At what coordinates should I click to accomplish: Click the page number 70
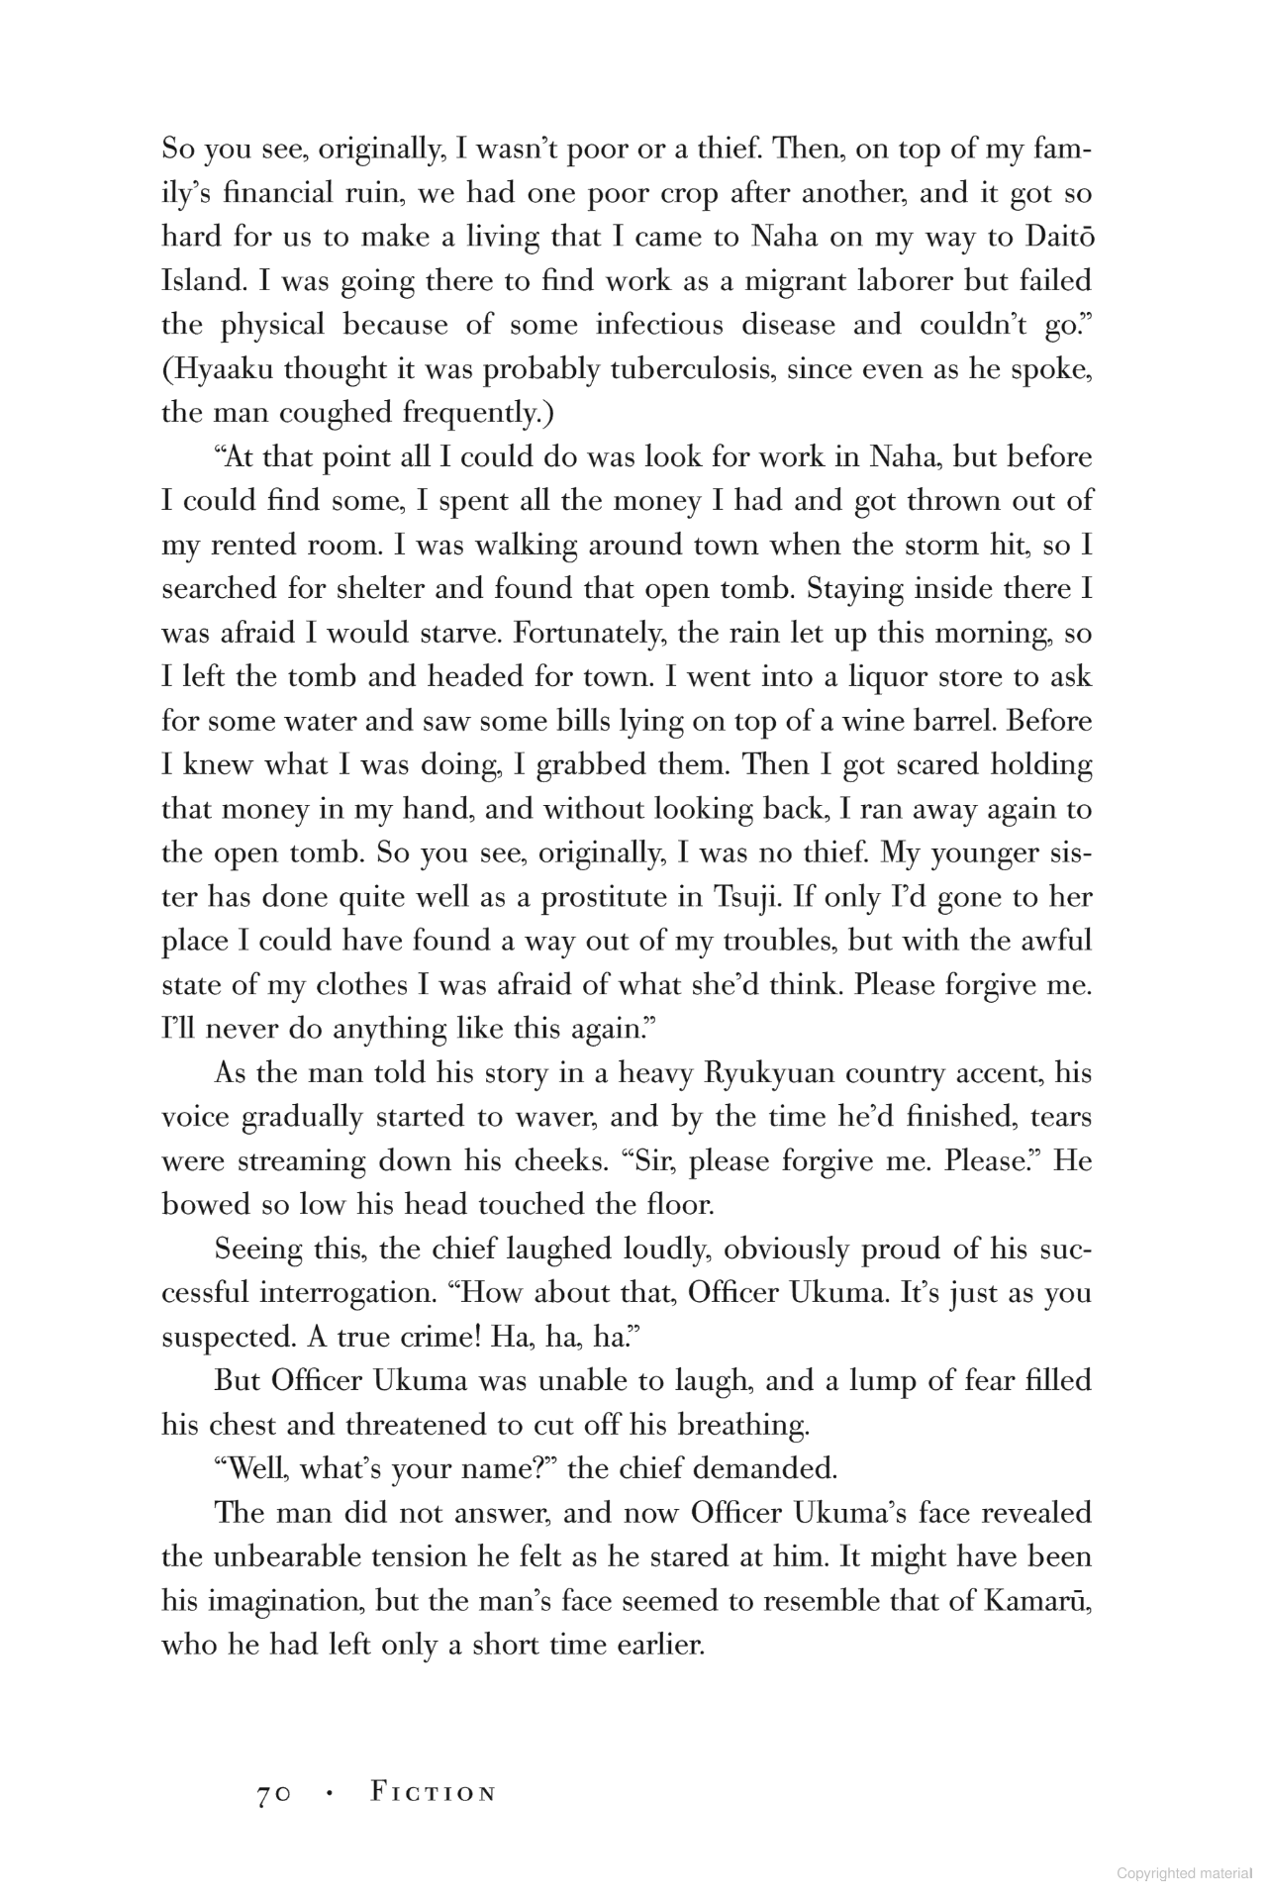[272, 1794]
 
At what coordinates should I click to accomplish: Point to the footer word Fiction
[433, 1793]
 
